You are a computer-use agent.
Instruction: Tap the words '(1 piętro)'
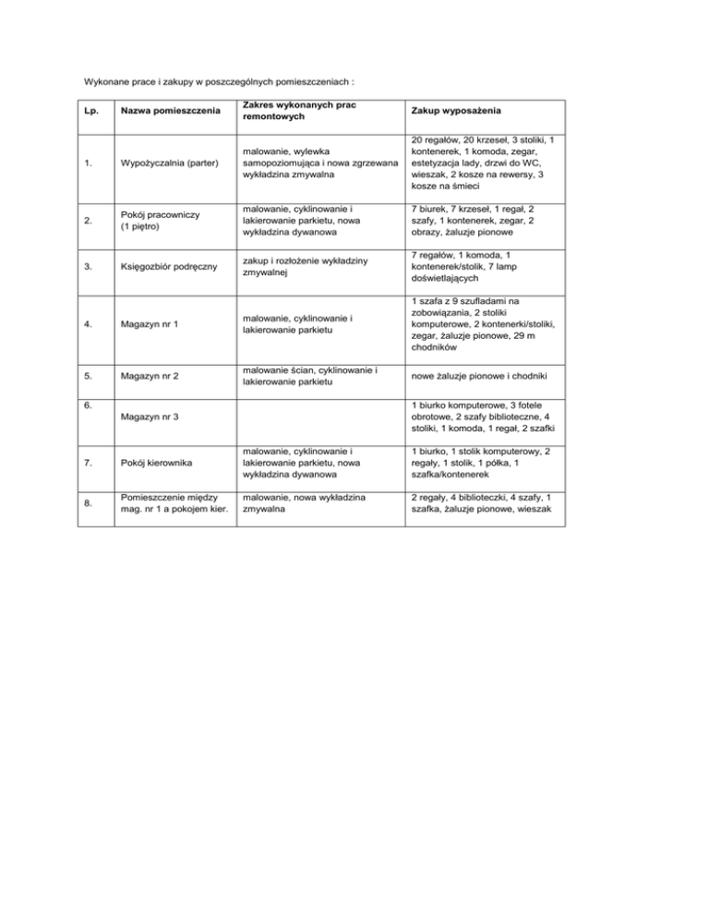(138, 227)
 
